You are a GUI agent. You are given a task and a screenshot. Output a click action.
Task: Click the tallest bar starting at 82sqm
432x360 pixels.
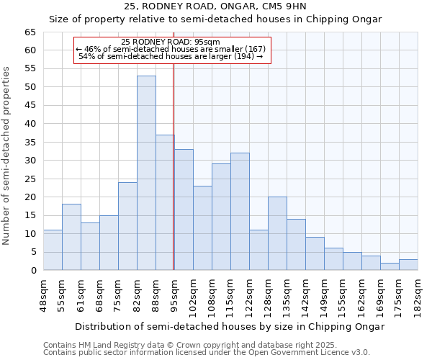point(146,173)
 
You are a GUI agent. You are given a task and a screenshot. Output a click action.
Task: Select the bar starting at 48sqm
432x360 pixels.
point(53,250)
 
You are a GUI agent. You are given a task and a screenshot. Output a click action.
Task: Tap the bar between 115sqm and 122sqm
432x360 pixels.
point(240,212)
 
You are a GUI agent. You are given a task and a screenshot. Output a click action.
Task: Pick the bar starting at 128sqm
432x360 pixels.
point(277,233)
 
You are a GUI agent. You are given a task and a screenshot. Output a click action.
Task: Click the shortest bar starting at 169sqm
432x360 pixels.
point(390,266)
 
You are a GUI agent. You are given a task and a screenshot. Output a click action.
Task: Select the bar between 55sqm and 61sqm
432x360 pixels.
point(71,237)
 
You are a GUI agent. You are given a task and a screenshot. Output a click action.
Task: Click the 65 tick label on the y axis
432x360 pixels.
point(30,32)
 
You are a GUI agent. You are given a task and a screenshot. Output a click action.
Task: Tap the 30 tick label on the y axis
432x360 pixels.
point(30,161)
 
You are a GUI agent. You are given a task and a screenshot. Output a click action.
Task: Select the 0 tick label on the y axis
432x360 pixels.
point(33,271)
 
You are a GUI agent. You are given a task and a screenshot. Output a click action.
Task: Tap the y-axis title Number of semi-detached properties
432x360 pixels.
point(7,156)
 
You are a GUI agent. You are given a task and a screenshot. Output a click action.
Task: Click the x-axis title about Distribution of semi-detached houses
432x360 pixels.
point(230,326)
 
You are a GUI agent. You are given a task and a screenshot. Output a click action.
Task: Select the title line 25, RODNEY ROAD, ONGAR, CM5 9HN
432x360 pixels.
point(215,6)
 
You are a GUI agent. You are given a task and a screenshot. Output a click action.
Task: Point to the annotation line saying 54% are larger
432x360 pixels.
point(171,56)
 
